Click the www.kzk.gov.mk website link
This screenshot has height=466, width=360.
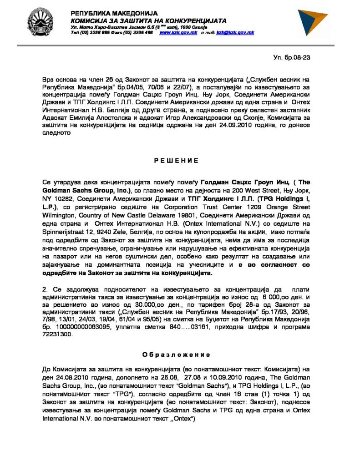[175, 33]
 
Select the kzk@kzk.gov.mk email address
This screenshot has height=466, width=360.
[235, 33]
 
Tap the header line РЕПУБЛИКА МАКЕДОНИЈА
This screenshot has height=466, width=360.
[114, 13]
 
